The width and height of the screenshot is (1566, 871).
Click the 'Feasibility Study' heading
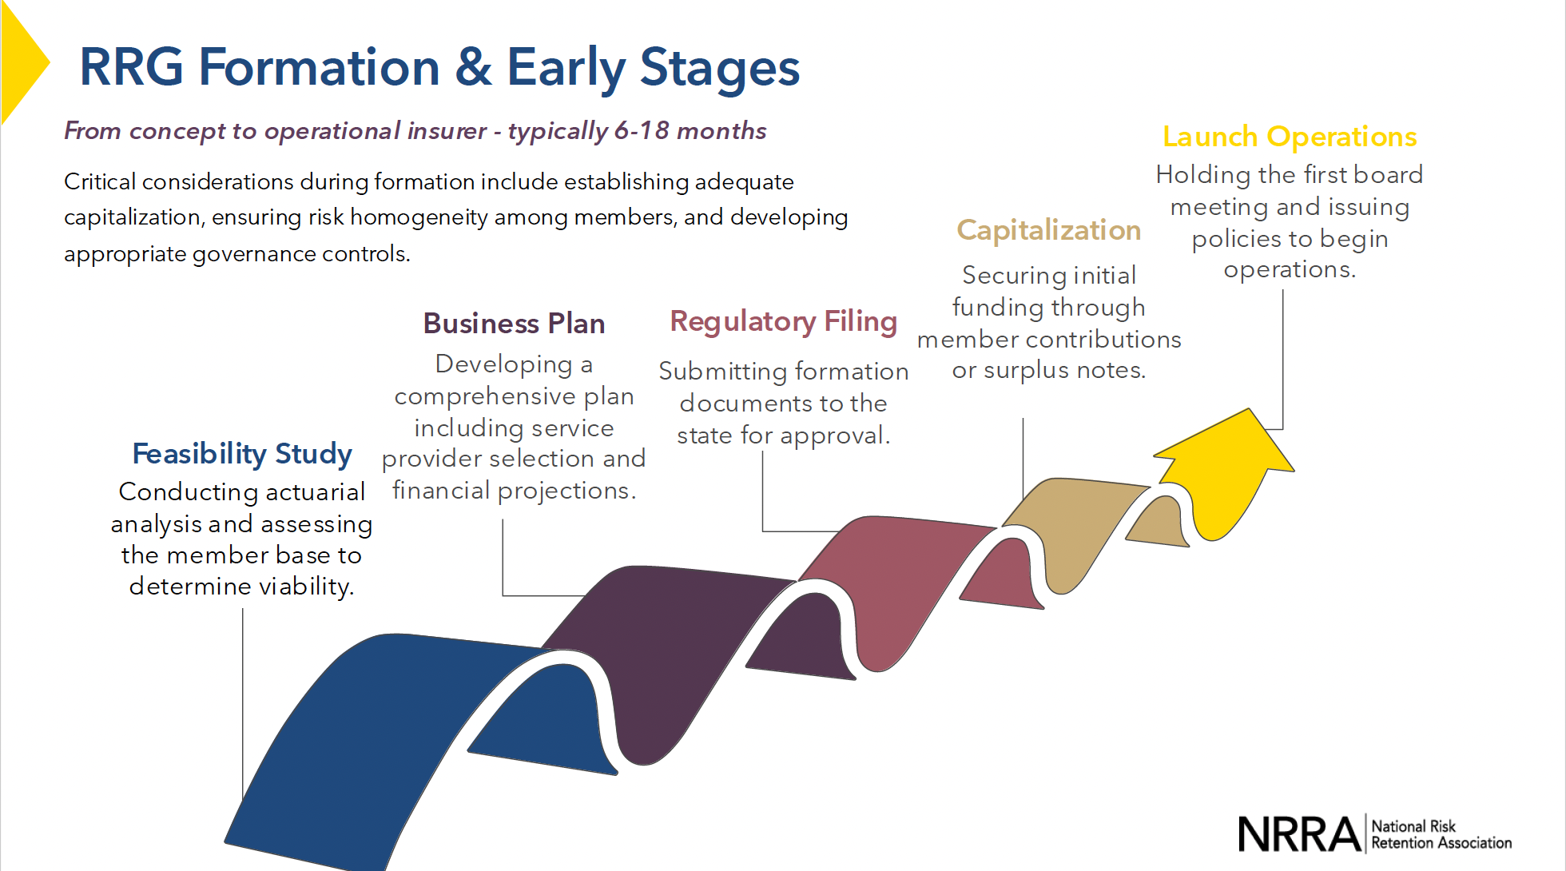point(241,454)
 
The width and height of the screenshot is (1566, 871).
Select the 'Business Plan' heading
point(514,324)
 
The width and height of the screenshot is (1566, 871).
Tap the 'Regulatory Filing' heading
point(783,321)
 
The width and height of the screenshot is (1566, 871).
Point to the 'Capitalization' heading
point(1048,230)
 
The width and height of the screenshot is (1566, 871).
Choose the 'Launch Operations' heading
point(1289,137)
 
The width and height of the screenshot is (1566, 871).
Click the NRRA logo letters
point(1299,834)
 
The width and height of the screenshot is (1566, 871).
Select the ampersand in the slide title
point(473,67)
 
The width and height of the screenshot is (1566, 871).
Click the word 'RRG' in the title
point(131,67)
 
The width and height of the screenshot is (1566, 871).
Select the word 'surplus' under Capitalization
point(1026,371)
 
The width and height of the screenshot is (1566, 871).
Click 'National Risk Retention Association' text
point(1441,834)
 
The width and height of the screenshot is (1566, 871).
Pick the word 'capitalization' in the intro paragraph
point(132,217)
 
